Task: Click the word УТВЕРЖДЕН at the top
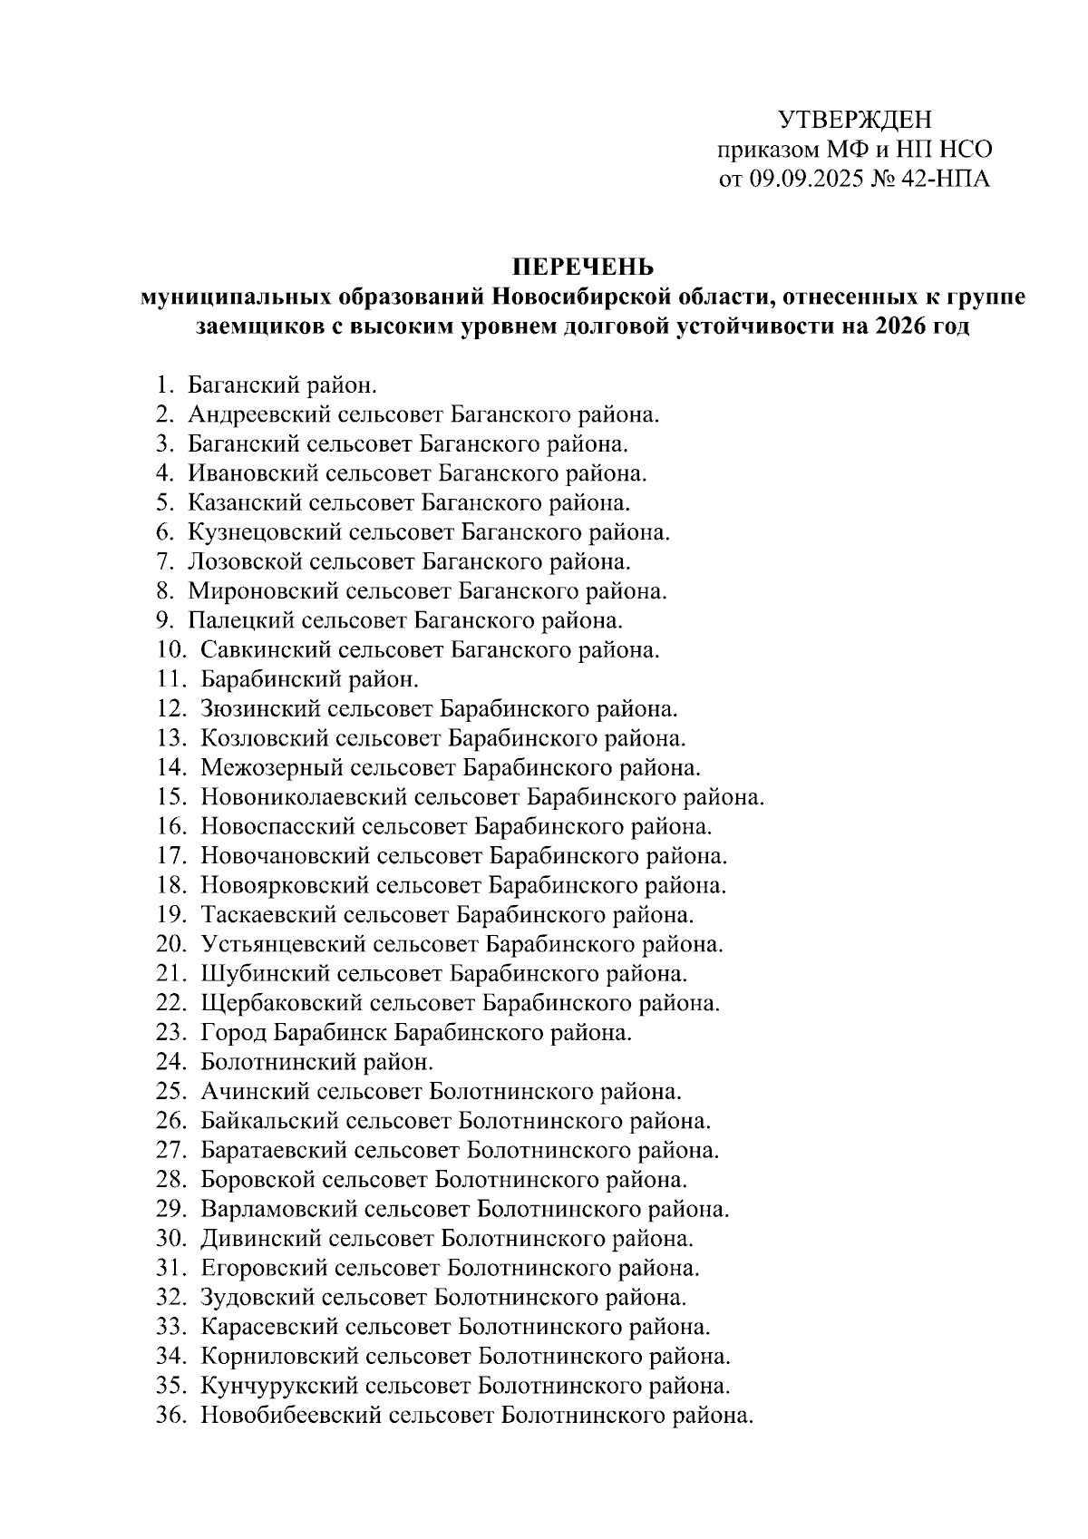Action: point(855,120)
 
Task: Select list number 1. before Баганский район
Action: point(164,385)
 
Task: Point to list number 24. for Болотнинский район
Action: point(170,1062)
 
